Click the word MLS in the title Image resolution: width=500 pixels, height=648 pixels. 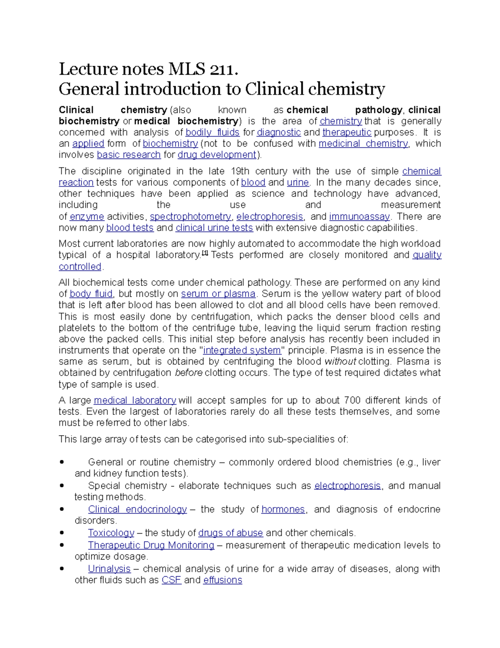coord(187,69)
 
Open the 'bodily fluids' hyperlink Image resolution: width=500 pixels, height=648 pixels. coord(212,133)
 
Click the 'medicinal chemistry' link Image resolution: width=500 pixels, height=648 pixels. coord(363,144)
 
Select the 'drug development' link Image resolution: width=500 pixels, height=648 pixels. coord(217,155)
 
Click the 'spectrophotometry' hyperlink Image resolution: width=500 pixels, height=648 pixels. coord(190,217)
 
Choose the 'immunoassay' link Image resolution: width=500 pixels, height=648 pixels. coord(359,217)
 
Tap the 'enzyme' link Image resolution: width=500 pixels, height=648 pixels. coord(87,217)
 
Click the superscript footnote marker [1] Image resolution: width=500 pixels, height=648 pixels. coord(205,253)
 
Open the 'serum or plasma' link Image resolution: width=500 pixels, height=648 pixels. coord(218,294)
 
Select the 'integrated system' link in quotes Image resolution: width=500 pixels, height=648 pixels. coord(242,350)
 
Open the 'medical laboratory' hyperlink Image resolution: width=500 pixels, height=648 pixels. coord(135,401)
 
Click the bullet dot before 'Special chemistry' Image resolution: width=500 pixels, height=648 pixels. coord(62,486)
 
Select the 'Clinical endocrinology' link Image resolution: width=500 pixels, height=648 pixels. coord(137,509)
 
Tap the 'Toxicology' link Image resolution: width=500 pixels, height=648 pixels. coord(111,533)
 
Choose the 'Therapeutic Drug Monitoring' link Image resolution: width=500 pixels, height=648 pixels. coord(151,545)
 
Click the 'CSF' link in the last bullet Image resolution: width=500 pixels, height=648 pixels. coord(171,580)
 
